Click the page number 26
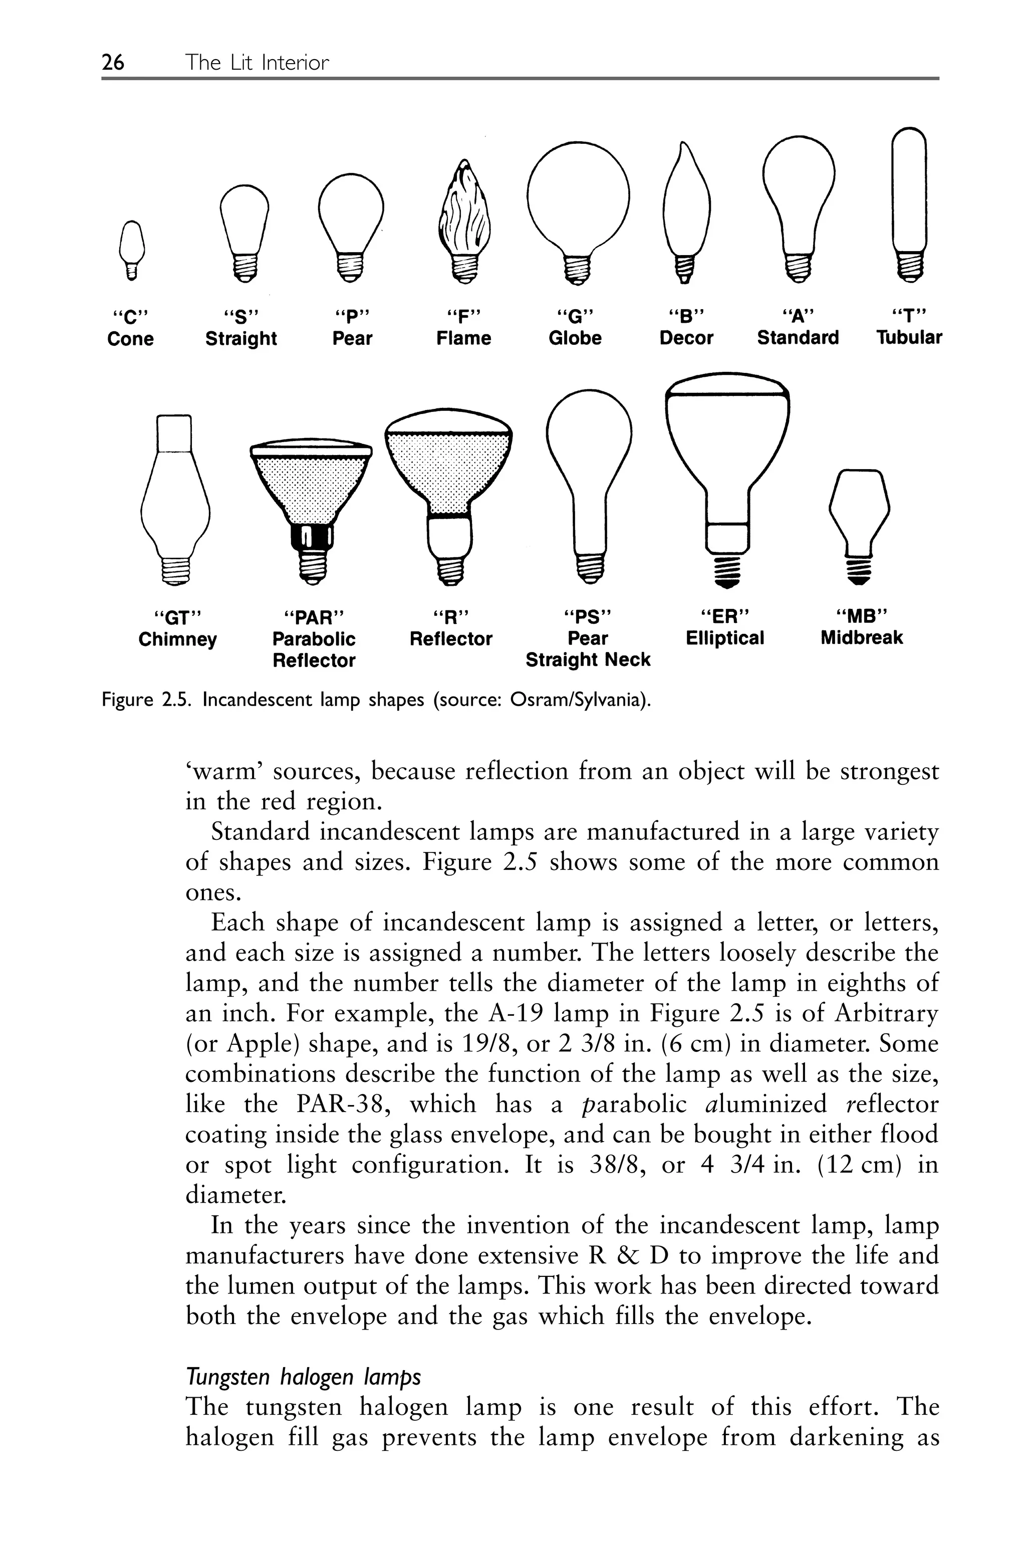[113, 62]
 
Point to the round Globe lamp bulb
[578, 196]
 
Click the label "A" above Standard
[797, 317]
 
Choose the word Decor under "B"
[686, 338]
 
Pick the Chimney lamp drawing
[175, 497]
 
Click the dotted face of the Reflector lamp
[448, 465]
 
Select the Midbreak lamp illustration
[859, 517]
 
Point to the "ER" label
[724, 616]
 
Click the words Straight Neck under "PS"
[588, 660]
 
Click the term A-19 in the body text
[516, 1014]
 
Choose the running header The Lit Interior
[256, 62]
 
